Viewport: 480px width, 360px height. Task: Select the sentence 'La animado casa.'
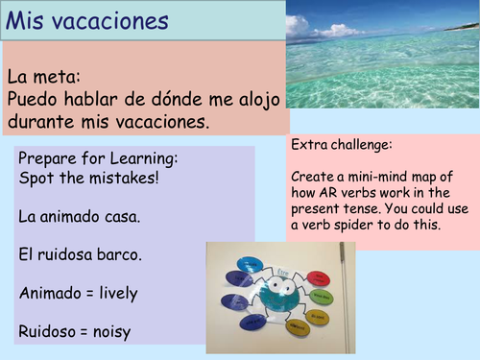coord(79,217)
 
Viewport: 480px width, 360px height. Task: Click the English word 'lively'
coord(115,294)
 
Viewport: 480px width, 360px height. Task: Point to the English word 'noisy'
coord(112,332)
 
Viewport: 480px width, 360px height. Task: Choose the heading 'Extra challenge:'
coord(338,145)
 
